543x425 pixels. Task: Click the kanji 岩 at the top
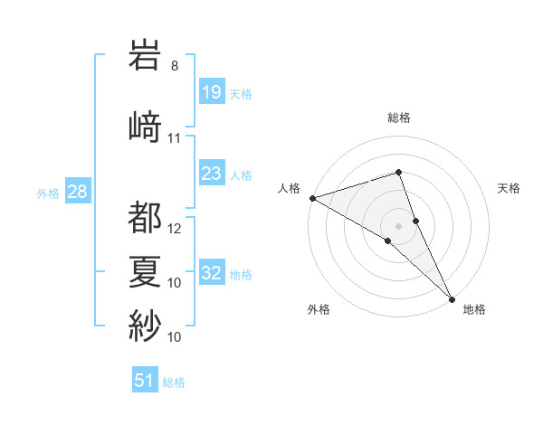click(146, 56)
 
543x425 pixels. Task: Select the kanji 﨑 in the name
click(146, 126)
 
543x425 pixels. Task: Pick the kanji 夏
click(146, 271)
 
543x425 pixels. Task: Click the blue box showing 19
click(211, 92)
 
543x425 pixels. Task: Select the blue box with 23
click(211, 174)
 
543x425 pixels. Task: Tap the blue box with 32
click(211, 274)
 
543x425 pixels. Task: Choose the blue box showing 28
click(77, 193)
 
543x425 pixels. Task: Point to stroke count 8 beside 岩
click(175, 66)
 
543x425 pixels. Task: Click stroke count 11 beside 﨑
click(175, 138)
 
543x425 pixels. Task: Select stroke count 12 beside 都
click(175, 229)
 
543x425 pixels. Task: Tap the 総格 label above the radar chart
click(398, 118)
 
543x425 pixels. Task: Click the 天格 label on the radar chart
click(510, 188)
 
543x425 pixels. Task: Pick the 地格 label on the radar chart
click(474, 310)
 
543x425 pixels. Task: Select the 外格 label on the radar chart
click(319, 310)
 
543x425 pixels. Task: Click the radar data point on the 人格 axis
click(312, 197)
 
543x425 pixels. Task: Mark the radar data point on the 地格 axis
click(452, 298)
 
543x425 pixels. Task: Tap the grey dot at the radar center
click(398, 225)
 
